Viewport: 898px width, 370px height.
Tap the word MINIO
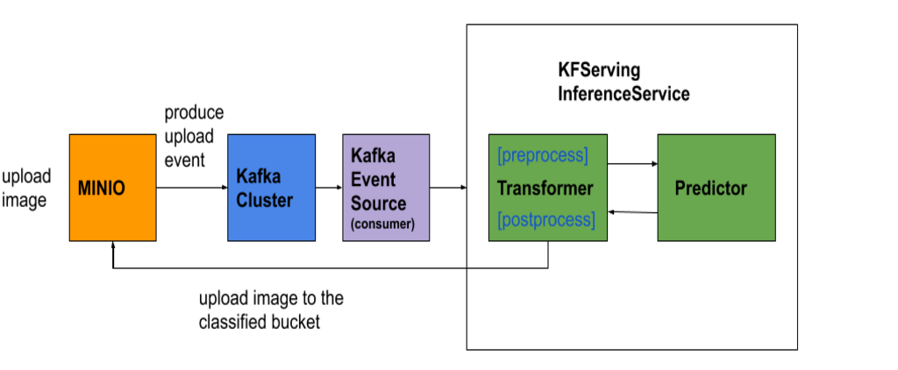click(x=102, y=189)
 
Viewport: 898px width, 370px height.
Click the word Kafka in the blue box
click(x=258, y=176)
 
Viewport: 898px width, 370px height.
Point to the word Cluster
click(x=264, y=200)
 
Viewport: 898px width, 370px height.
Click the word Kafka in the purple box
click(x=373, y=156)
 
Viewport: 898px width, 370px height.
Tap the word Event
click(x=373, y=180)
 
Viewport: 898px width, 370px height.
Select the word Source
click(x=378, y=203)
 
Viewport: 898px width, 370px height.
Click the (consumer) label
click(x=382, y=224)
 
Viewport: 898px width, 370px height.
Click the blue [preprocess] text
click(x=542, y=156)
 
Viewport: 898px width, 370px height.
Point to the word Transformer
click(x=545, y=189)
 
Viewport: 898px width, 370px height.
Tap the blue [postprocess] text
click(x=545, y=219)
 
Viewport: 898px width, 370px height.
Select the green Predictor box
click(x=716, y=219)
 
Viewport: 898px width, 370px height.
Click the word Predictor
click(x=710, y=189)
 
